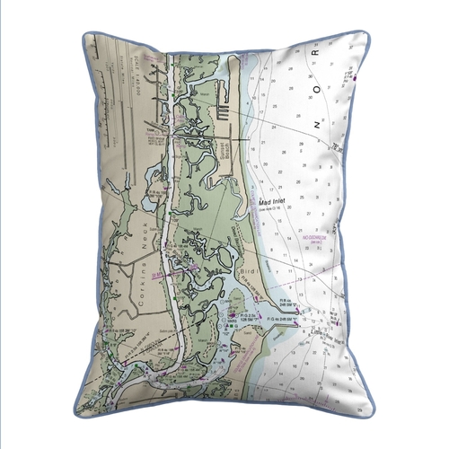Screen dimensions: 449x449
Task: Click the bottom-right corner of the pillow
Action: tap(371, 412)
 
